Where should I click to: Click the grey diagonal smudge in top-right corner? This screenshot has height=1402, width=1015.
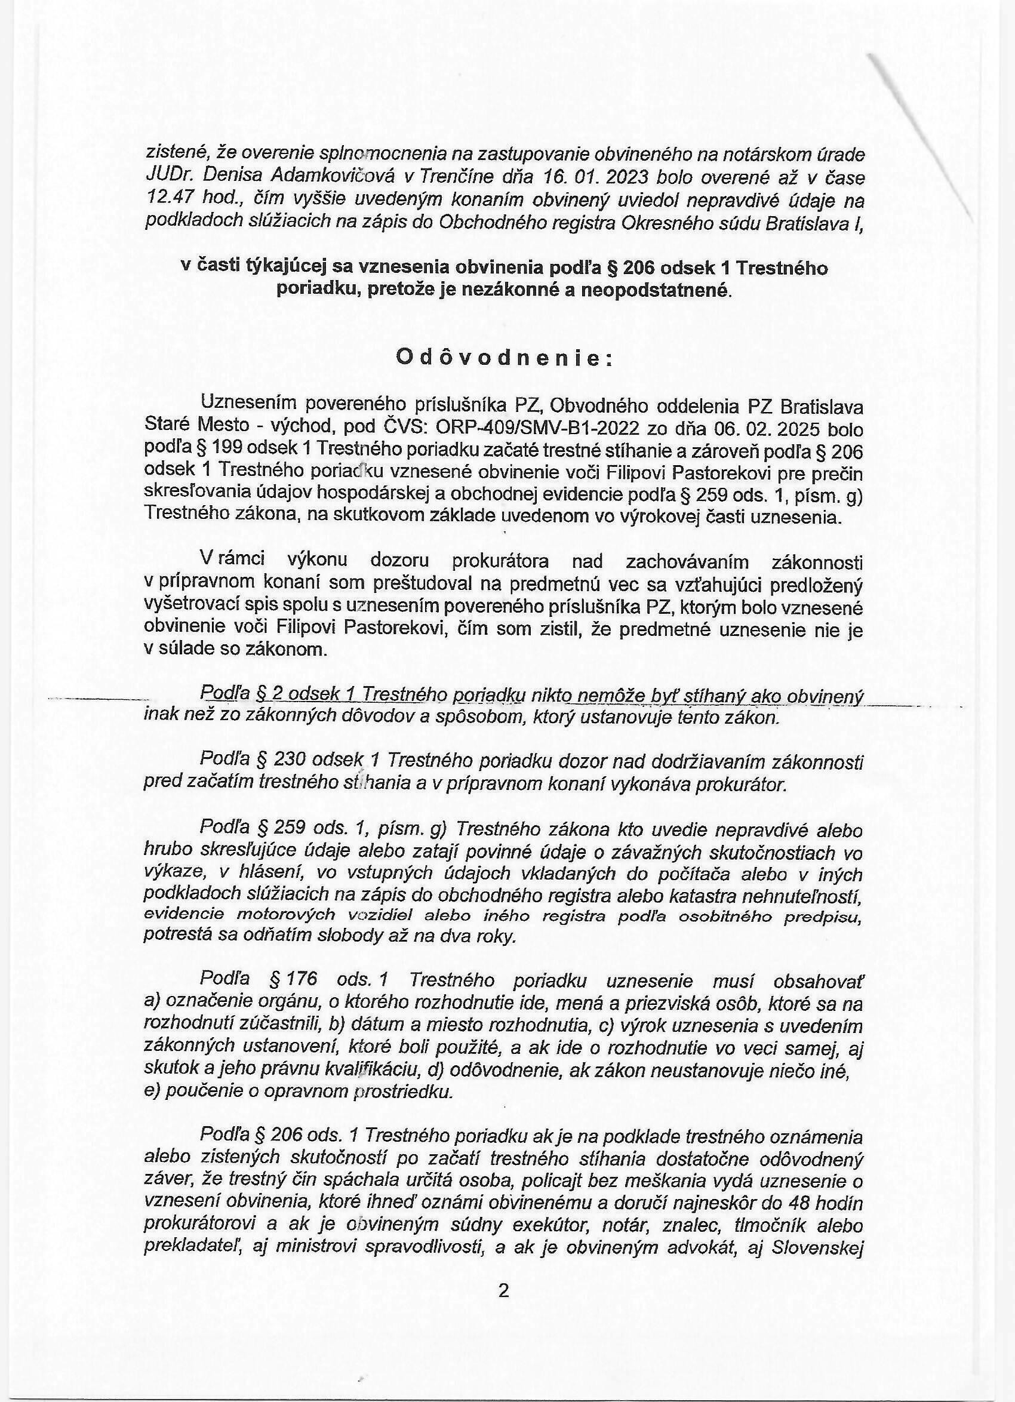tap(915, 124)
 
